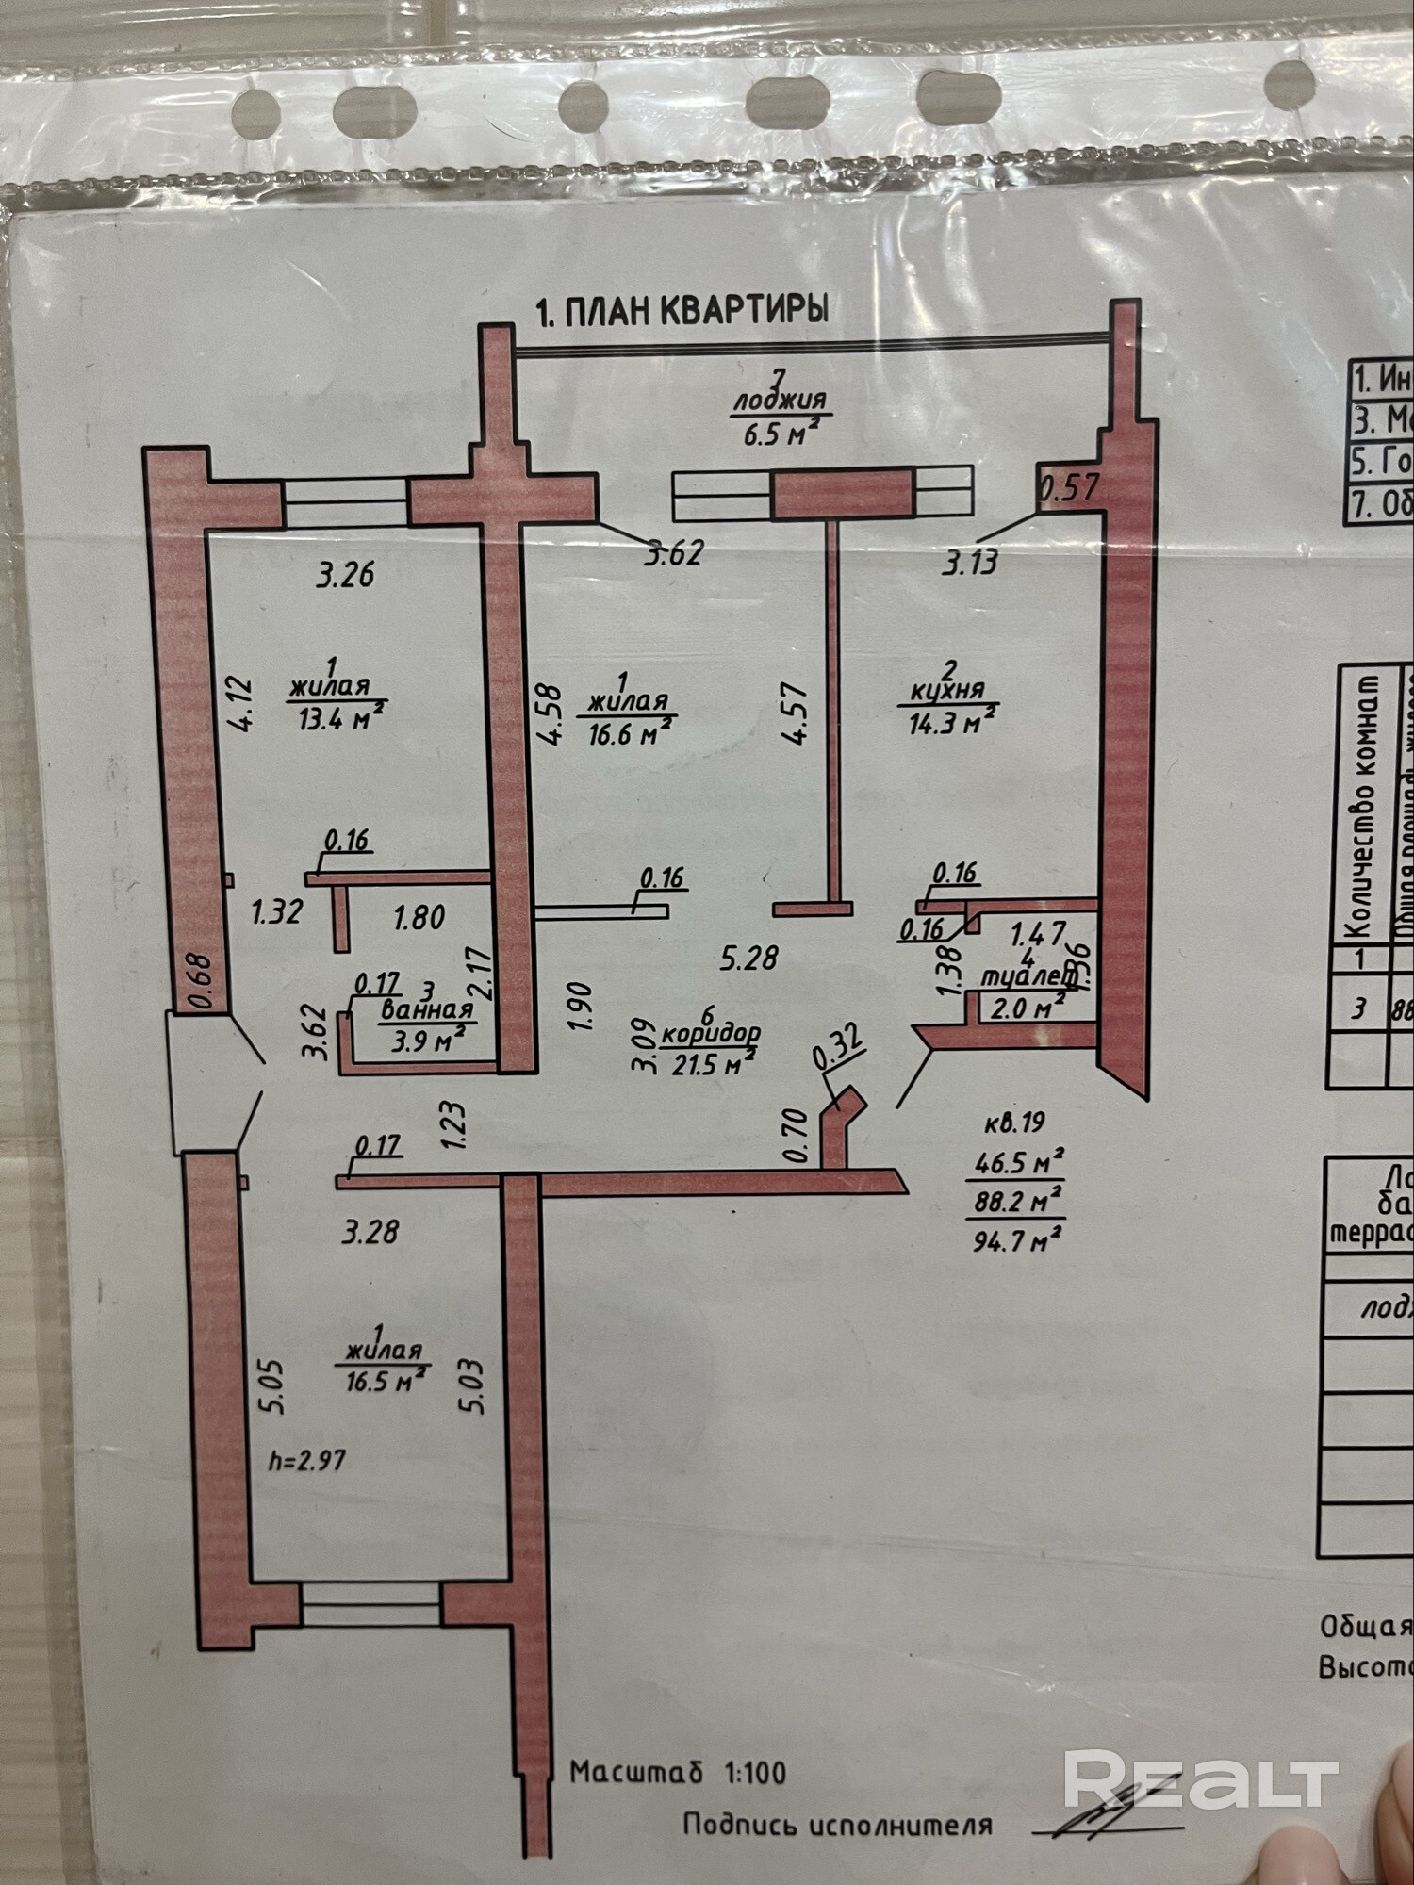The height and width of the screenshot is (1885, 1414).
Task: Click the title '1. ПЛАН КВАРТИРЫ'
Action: pos(682,310)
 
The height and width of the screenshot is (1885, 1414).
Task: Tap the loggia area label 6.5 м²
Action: pos(779,434)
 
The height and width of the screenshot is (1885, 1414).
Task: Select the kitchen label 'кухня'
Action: pos(947,691)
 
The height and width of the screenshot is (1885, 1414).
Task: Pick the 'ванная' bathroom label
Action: pos(426,1010)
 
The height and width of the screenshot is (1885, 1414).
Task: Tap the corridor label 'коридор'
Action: pos(711,1034)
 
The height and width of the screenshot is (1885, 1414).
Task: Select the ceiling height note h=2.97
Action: pos(307,1460)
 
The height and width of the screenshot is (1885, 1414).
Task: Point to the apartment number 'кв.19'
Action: pos(1014,1123)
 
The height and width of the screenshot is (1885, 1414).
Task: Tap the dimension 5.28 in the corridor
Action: pos(749,958)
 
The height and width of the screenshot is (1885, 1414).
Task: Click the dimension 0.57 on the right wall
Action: pos(1069,488)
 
